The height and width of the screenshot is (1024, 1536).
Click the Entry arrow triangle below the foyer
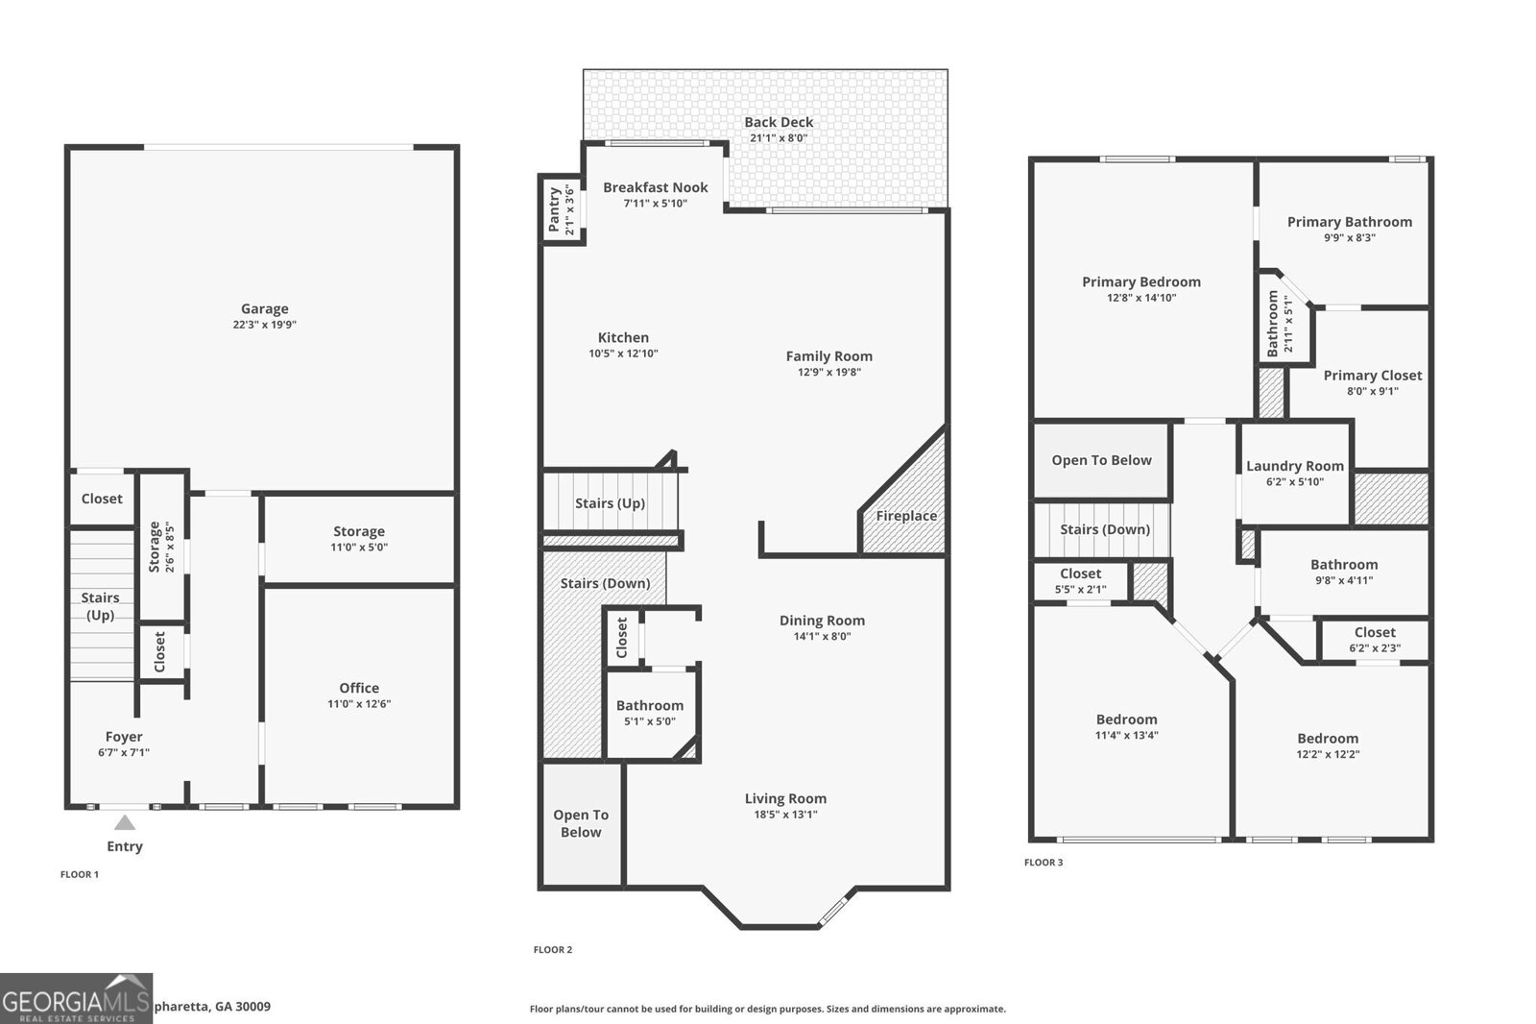125,822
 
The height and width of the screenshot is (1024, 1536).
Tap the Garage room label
264,308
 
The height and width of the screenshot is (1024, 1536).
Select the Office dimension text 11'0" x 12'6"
359,704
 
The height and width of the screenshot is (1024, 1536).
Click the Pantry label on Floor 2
554,209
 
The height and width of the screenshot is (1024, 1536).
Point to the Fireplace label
905,516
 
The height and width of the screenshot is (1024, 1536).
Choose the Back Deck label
779,122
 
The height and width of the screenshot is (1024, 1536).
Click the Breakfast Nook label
655,187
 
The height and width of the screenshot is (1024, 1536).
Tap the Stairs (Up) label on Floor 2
610,503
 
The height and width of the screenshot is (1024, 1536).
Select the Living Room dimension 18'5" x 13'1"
785,815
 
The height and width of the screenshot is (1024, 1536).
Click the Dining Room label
822,621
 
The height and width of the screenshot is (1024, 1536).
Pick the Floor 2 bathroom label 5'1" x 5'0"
650,706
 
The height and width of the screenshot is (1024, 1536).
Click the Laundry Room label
1294,466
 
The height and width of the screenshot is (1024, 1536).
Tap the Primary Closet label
1372,376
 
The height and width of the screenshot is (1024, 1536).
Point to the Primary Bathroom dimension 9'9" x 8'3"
1349,237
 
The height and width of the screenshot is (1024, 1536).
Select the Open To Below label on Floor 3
1101,460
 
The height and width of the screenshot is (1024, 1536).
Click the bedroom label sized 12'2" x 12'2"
1328,739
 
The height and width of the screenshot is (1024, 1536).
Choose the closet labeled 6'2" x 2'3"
1375,632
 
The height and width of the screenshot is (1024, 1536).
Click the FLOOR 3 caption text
1044,863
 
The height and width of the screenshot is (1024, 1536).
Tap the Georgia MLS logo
76,998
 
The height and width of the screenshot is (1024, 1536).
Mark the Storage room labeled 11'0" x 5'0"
359,531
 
